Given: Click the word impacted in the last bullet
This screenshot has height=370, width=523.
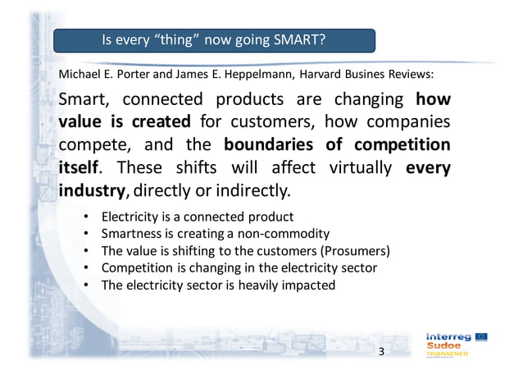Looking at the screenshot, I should pyautogui.click(x=308, y=285).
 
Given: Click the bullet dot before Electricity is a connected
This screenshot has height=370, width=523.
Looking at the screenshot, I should pyautogui.click(x=86, y=217).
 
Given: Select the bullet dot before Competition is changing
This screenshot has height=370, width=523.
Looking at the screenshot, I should pyautogui.click(x=86, y=268).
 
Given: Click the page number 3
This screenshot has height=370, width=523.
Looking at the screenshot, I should pyautogui.click(x=380, y=352).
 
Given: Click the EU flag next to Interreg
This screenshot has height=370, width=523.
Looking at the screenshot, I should pyautogui.click(x=482, y=336).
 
